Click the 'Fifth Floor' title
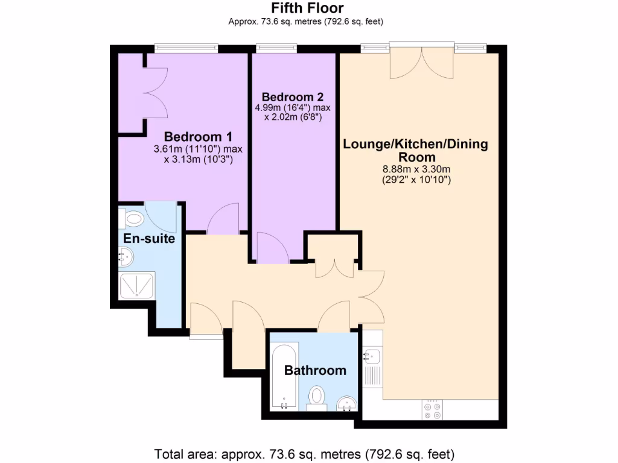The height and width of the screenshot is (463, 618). tap(307, 8)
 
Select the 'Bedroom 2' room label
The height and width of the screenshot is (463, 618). tap(293, 96)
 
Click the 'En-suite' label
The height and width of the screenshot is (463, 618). tap(149, 239)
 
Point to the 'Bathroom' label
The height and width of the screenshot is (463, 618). tap(315, 370)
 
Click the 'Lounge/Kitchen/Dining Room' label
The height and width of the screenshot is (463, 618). tap(415, 150)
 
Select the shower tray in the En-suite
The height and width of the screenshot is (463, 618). tap(137, 286)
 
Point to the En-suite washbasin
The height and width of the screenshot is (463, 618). tap(126, 258)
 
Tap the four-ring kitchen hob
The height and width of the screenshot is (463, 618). tap(432, 409)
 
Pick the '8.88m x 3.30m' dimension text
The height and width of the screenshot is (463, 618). tap(415, 169)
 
